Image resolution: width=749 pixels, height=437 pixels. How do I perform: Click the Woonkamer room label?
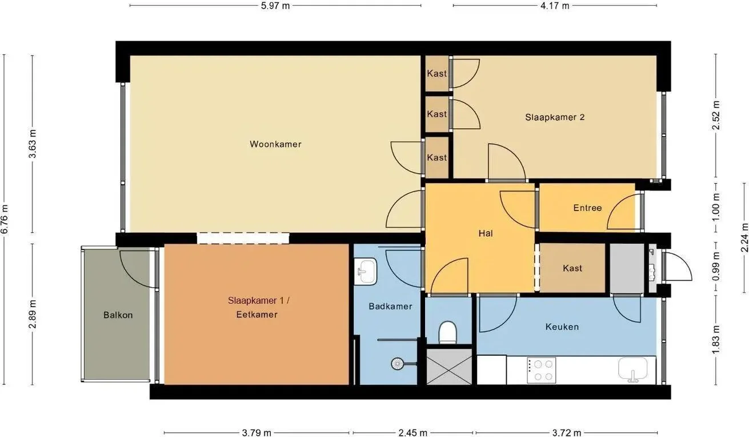(275, 144)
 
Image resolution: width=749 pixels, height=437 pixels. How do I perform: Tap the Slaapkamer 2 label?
(555, 117)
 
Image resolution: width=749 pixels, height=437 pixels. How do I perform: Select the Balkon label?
(118, 315)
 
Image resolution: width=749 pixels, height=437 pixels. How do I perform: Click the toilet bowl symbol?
(448, 332)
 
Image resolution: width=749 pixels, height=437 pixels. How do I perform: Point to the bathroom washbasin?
(366, 271)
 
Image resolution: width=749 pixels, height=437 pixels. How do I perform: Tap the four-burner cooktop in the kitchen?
(542, 370)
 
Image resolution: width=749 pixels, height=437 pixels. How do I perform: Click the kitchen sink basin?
(632, 370)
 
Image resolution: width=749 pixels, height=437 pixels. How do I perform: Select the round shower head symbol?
(398, 364)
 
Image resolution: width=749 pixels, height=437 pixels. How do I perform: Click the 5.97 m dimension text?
(275, 6)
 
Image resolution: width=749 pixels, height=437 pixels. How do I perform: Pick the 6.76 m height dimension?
(5, 219)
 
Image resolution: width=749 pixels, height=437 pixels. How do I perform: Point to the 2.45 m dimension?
(413, 433)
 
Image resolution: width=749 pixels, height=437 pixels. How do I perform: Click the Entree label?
(587, 208)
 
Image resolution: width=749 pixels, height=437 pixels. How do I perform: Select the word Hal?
(486, 233)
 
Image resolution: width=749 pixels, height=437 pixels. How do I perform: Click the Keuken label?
(562, 327)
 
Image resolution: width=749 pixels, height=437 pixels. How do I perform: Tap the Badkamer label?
(390, 307)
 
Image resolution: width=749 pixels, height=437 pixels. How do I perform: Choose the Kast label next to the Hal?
(572, 268)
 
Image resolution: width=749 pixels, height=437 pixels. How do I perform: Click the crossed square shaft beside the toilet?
(449, 367)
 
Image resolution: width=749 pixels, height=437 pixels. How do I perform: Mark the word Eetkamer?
(257, 315)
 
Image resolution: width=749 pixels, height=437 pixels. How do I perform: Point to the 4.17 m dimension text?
(555, 6)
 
